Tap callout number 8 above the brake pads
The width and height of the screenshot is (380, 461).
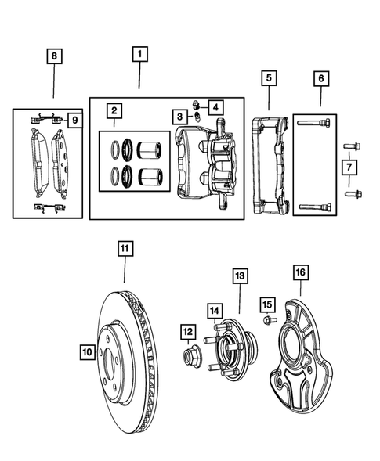tap(53, 56)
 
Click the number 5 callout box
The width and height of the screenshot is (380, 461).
tap(268, 78)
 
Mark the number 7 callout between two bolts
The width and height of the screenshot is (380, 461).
tap(349, 167)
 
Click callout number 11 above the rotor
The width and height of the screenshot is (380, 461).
tap(125, 250)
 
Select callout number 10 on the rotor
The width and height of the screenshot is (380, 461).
tap(86, 352)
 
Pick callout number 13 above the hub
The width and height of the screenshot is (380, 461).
tap(239, 276)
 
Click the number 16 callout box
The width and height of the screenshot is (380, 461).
tap(300, 272)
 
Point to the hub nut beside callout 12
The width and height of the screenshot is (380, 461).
tap(190, 358)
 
